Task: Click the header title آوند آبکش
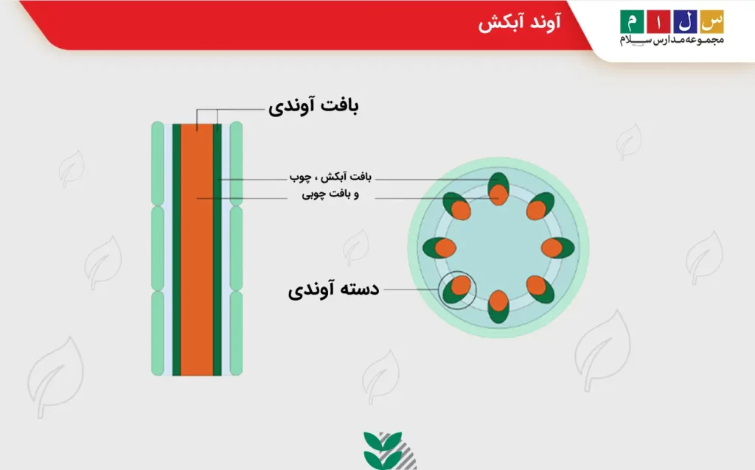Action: tap(519, 24)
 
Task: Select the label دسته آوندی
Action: tap(333, 289)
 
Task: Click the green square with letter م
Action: tap(632, 21)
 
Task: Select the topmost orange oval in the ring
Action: tap(500, 193)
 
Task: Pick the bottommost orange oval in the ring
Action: tap(499, 301)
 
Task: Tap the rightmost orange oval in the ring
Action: tap(553, 247)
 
